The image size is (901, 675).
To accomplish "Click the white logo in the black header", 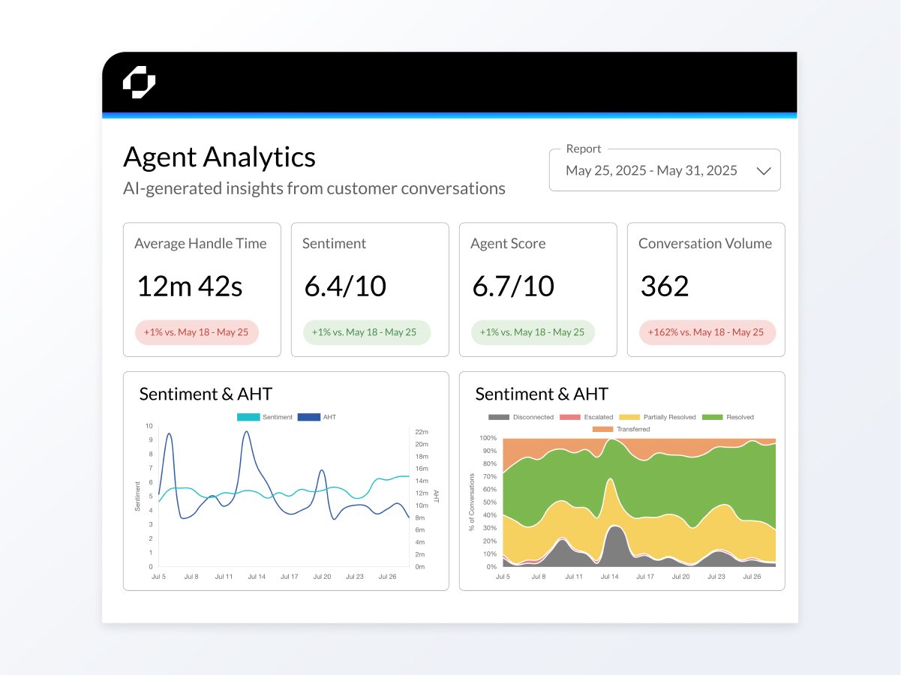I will point(139,82).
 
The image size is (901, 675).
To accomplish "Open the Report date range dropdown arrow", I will point(764,171).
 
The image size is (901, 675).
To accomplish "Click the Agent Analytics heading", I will point(219,157).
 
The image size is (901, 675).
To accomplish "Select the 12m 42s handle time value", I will point(189,286).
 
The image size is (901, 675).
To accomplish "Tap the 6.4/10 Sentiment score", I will point(345,286).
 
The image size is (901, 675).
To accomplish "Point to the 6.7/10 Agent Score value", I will point(513,286).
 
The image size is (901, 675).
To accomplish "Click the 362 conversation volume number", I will point(664,286).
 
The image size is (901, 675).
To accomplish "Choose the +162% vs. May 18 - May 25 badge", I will point(707,332).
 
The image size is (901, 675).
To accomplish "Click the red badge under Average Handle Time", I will point(197,332).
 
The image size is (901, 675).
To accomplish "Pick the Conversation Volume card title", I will point(704,244).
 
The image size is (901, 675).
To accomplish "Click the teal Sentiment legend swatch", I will point(248,417).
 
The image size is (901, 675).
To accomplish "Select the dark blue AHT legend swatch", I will point(308,417).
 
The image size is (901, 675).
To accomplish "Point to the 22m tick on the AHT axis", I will point(421,432).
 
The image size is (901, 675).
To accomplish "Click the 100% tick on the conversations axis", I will point(488,438).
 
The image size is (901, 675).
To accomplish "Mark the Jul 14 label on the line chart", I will point(257,577).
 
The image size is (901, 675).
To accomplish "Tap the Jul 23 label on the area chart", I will point(716,577).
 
